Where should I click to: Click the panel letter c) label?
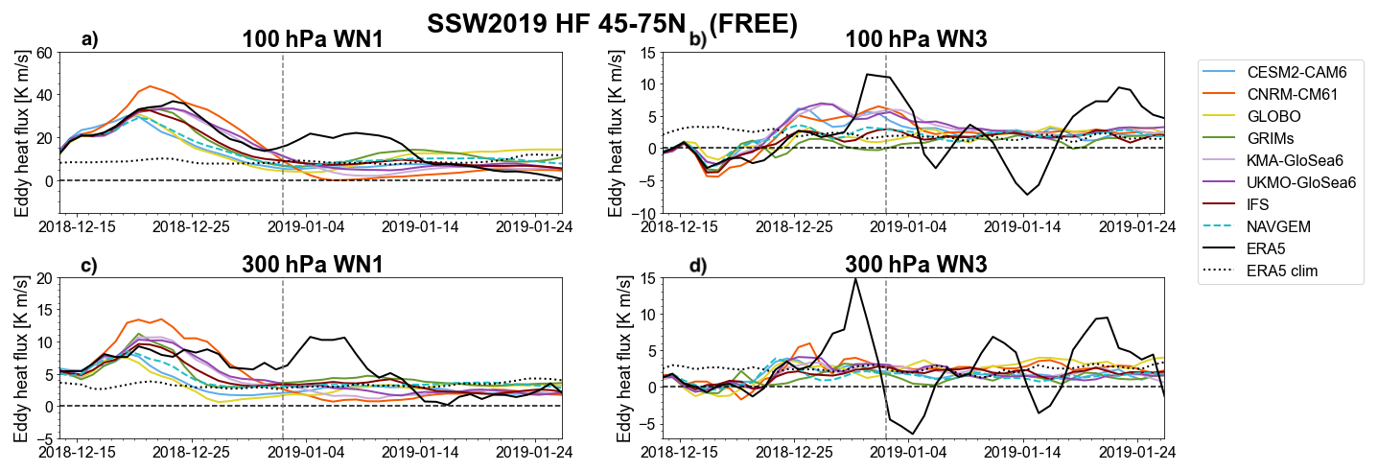pos(89,265)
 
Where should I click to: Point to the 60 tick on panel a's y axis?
pos(44,52)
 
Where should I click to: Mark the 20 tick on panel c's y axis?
pos(44,278)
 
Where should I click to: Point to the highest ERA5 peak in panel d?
pos(854,278)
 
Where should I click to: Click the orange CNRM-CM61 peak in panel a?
pos(150,86)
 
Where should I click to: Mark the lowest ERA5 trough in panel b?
pos(1028,195)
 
